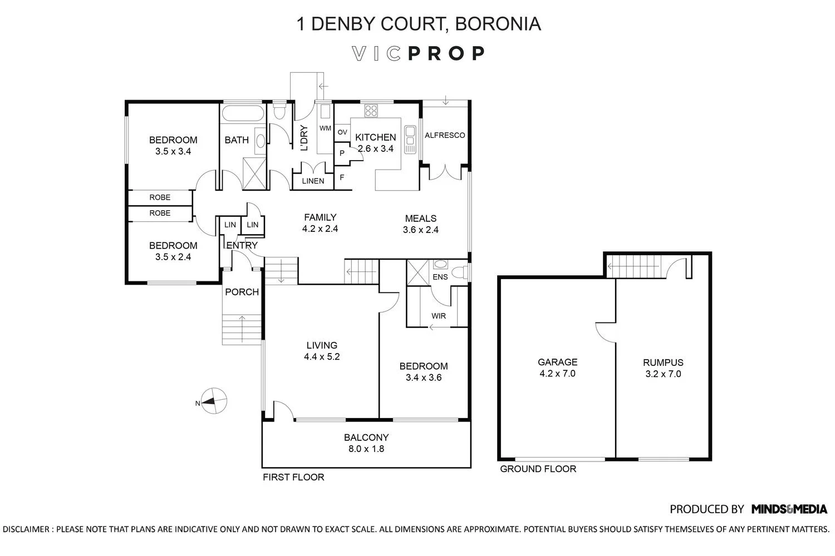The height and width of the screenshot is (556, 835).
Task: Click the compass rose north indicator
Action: point(214,401)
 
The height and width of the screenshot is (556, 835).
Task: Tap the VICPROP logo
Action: point(419,53)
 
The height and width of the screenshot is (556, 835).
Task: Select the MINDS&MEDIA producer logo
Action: point(789,509)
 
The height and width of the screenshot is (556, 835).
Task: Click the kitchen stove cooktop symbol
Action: point(371,111)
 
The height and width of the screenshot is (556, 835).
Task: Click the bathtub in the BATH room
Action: point(243,113)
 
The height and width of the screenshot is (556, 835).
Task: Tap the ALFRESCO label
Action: point(445,135)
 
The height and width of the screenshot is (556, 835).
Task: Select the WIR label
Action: point(439,316)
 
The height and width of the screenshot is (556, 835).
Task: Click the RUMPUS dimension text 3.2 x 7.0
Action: point(663,374)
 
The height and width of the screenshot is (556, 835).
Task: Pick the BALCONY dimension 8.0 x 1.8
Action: point(366,448)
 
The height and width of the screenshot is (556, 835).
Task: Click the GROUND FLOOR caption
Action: point(538,469)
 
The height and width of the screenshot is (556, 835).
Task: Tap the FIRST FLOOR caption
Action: point(293,477)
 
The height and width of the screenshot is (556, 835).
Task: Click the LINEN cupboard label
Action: point(313,181)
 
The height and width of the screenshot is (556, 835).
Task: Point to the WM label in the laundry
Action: point(325,128)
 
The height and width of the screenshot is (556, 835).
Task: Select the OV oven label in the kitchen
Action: point(342,132)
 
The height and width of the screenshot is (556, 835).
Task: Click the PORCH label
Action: point(242,292)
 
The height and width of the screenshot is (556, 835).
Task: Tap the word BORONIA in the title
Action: point(498,24)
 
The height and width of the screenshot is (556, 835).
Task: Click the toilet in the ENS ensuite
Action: point(461,272)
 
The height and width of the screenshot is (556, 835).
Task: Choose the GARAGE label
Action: point(557,362)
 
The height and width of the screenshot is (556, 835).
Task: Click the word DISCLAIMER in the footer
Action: point(26,529)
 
